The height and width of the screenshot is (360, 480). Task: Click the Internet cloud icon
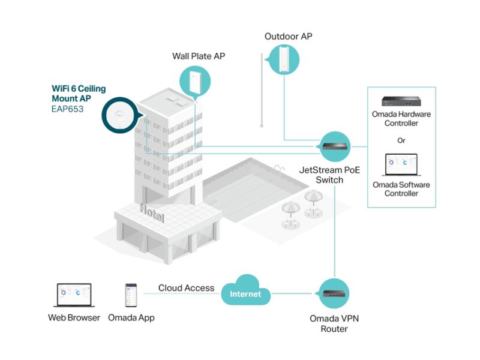245,290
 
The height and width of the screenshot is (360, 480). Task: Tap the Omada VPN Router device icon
334,293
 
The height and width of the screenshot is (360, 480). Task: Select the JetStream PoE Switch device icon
335,146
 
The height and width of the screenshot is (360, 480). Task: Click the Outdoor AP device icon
284,59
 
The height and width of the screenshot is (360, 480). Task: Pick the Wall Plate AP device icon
195,82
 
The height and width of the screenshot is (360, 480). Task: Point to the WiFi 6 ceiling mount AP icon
120,115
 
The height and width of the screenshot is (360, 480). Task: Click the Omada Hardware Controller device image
401,101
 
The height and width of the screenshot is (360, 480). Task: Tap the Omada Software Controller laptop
401,164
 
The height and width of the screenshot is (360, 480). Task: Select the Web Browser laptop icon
74,295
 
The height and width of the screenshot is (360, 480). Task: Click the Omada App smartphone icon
131,295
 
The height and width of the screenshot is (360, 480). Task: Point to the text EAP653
67,109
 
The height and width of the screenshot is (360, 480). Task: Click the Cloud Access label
186,288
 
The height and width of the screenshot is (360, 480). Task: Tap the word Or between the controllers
401,140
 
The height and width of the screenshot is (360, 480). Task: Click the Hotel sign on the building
152,213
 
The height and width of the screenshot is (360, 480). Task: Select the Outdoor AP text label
289,37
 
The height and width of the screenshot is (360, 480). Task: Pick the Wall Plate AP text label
199,56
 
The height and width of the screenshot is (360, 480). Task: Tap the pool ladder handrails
279,170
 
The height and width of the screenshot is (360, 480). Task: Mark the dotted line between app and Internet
182,293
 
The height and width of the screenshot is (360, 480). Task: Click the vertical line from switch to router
335,232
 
